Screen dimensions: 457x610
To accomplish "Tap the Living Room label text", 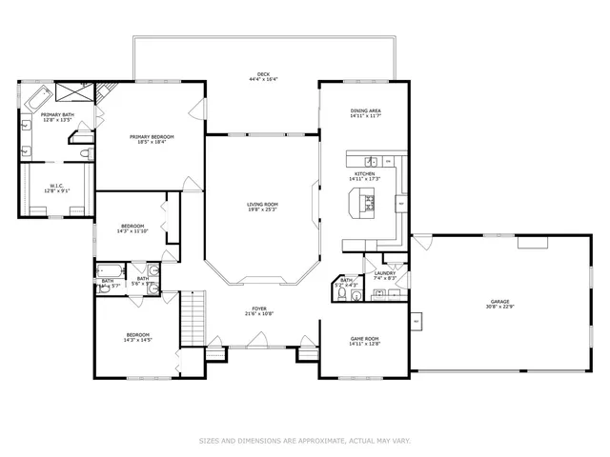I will coord(262,204).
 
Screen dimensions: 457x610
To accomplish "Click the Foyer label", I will coord(258,308).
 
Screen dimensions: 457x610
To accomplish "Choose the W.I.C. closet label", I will coord(56,186).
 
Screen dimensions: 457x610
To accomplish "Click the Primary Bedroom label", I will coord(152,137).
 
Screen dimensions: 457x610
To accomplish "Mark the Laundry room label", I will coord(384,273).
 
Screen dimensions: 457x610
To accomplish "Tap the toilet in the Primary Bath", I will coord(85,153).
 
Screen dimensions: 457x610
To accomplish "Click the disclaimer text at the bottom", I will coord(304,440).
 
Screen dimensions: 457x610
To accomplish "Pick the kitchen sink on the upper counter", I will coord(374,161).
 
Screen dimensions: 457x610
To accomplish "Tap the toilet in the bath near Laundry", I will coord(356,295).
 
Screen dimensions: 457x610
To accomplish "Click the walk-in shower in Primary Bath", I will coord(74,92).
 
